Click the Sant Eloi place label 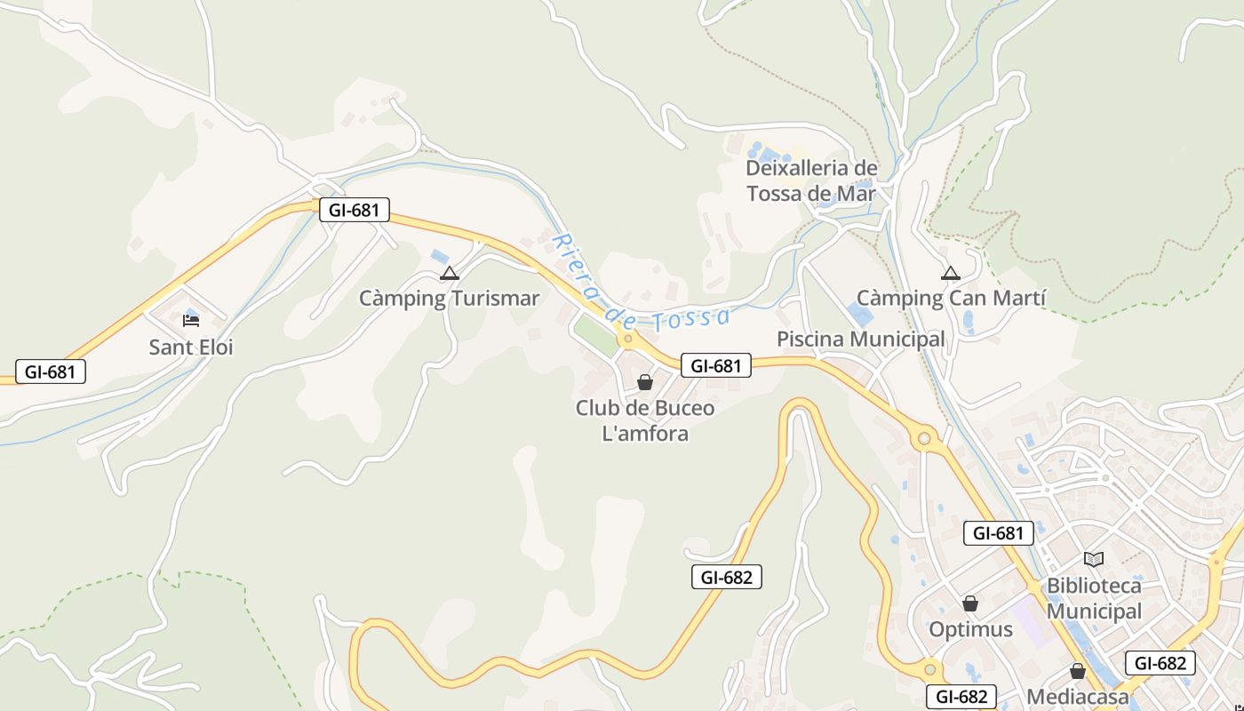(x=191, y=347)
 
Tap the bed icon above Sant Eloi (x=190, y=320)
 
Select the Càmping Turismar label (x=449, y=298)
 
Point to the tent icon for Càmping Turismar (x=449, y=273)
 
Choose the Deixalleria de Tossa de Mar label (x=811, y=180)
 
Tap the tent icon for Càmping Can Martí (x=951, y=273)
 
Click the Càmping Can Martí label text (x=951, y=298)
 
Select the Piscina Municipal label (x=861, y=339)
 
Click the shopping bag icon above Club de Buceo (x=645, y=382)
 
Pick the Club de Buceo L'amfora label (x=645, y=420)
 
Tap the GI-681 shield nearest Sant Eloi (x=51, y=371)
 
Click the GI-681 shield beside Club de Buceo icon (x=716, y=364)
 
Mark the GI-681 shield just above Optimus (x=999, y=533)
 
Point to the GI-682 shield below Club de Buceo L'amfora (x=727, y=576)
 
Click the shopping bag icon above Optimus (x=970, y=603)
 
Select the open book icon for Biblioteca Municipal (x=1094, y=559)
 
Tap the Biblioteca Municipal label (x=1094, y=598)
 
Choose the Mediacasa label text (x=1078, y=696)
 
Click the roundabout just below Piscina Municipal (x=924, y=438)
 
